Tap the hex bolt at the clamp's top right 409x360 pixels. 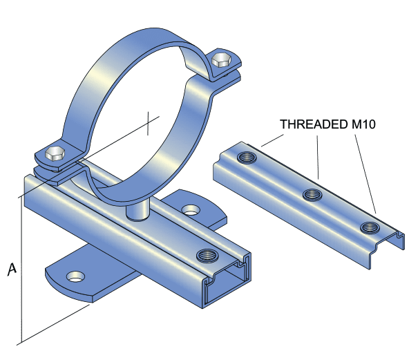[x=221, y=59]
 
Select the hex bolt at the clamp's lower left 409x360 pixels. [x=55, y=154]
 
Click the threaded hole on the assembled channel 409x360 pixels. [x=206, y=256]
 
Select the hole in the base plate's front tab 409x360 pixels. [x=74, y=277]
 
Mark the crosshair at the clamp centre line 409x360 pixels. [x=147, y=125]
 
